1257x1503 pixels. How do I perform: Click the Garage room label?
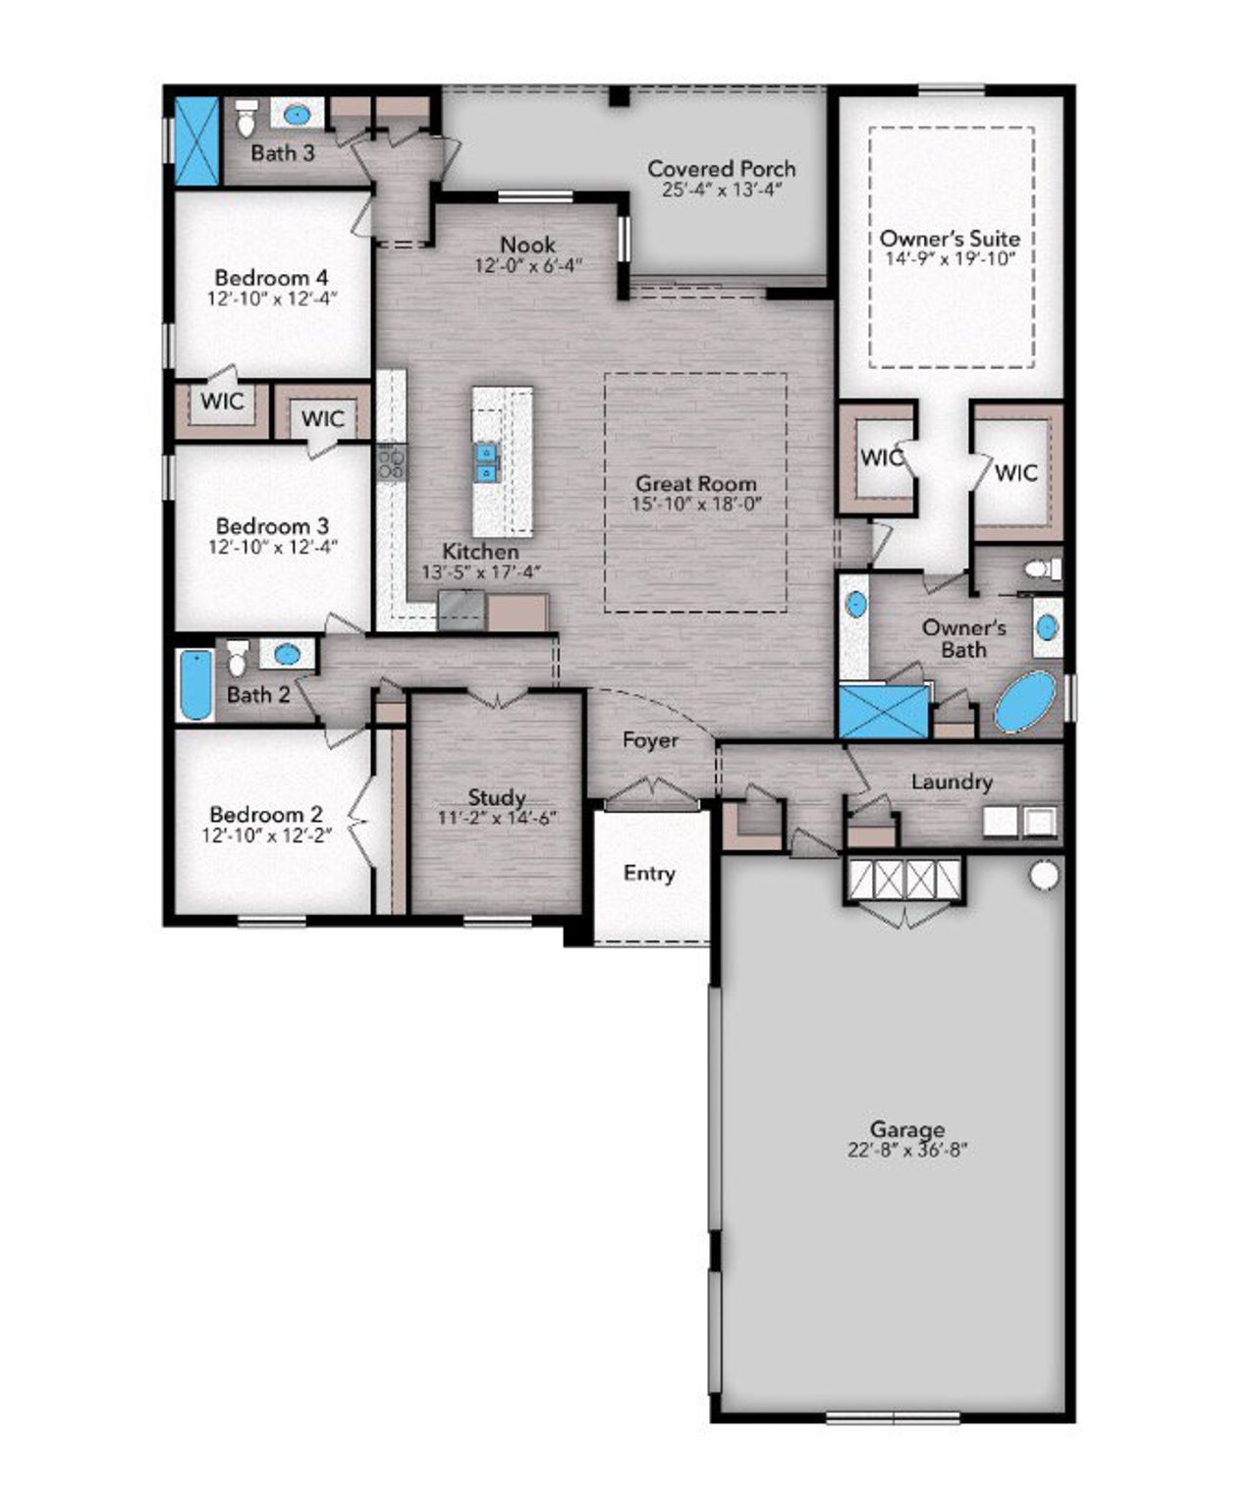[x=906, y=1129]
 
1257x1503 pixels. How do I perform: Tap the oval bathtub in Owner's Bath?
[x=1026, y=701]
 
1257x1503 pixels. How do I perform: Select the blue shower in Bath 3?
[x=196, y=140]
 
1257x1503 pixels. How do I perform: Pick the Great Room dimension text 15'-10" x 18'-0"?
[x=696, y=504]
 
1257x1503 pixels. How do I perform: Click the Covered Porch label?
[x=721, y=169]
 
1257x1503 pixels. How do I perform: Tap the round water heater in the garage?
[x=1044, y=874]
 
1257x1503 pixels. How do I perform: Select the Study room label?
[x=496, y=797]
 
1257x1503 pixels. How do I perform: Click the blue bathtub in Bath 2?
[x=196, y=684]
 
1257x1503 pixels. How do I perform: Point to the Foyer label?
[x=650, y=739]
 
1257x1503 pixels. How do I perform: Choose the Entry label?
[x=649, y=873]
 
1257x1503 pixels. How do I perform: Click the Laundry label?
[x=951, y=781]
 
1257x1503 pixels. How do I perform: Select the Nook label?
[x=527, y=244]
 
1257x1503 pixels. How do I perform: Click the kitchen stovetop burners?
[x=392, y=461]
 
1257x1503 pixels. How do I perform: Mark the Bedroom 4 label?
[x=271, y=277]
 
